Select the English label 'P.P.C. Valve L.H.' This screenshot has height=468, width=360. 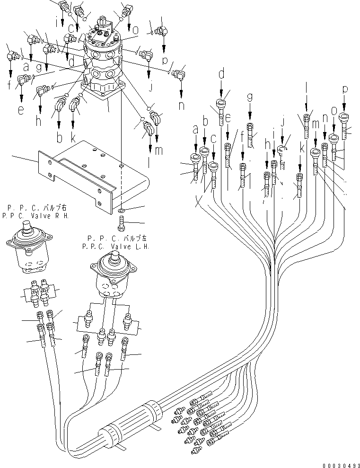[116, 246]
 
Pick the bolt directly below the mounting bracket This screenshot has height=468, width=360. [121, 221]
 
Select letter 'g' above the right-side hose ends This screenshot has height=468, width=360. [249, 97]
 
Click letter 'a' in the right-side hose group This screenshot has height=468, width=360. [195, 128]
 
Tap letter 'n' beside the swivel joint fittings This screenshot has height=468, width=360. [181, 105]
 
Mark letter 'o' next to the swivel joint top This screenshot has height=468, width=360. [135, 29]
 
